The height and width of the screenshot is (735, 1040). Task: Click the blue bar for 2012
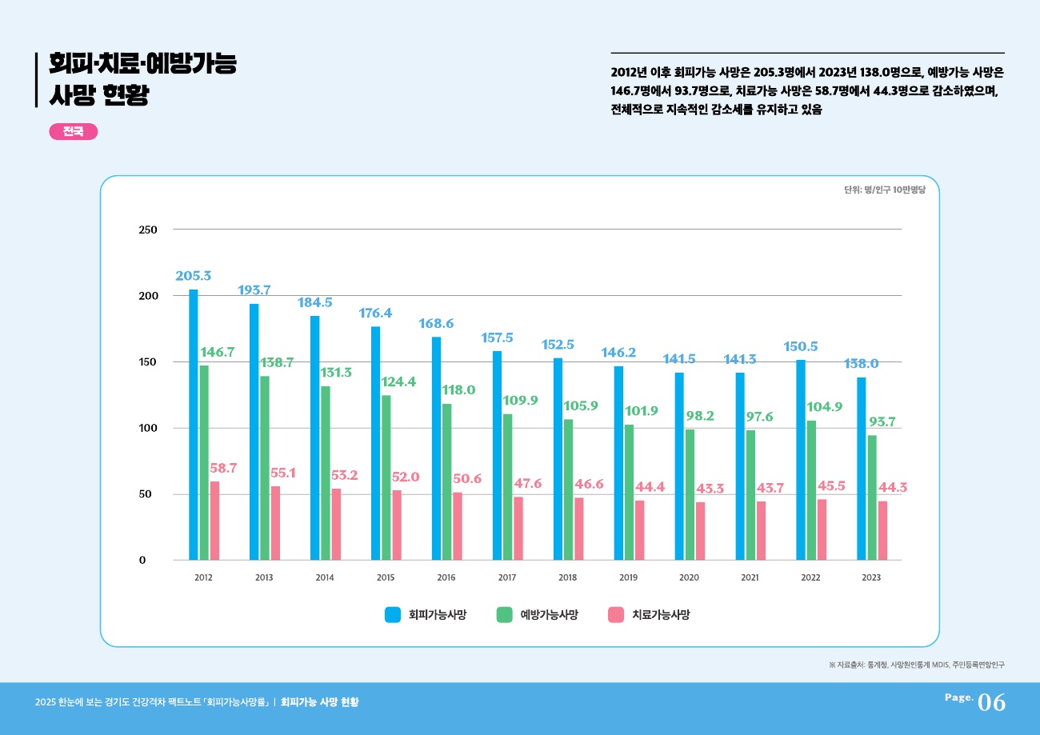tap(194, 424)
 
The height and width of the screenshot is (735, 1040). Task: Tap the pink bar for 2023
tap(882, 530)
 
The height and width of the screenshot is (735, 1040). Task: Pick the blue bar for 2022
tap(801, 460)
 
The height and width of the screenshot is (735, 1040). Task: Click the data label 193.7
tap(254, 290)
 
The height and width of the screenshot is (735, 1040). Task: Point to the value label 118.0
tap(458, 390)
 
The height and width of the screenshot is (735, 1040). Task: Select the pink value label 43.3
tap(710, 488)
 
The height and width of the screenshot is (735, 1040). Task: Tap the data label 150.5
tap(801, 346)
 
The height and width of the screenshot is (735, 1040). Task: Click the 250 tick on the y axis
tap(148, 230)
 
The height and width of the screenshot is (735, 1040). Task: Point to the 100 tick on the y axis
tap(148, 428)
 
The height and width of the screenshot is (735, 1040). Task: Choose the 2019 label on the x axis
tap(628, 577)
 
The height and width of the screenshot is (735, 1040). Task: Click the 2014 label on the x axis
tap(325, 577)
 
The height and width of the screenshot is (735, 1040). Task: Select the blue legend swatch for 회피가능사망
tap(393, 614)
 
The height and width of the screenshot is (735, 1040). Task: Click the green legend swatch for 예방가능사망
tap(504, 614)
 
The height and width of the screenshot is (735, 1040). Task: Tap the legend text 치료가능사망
tap(661, 614)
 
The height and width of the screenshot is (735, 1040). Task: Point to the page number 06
tap(991, 702)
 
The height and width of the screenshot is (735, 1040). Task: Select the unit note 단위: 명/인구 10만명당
tap(884, 190)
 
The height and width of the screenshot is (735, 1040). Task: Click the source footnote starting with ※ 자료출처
tap(917, 665)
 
